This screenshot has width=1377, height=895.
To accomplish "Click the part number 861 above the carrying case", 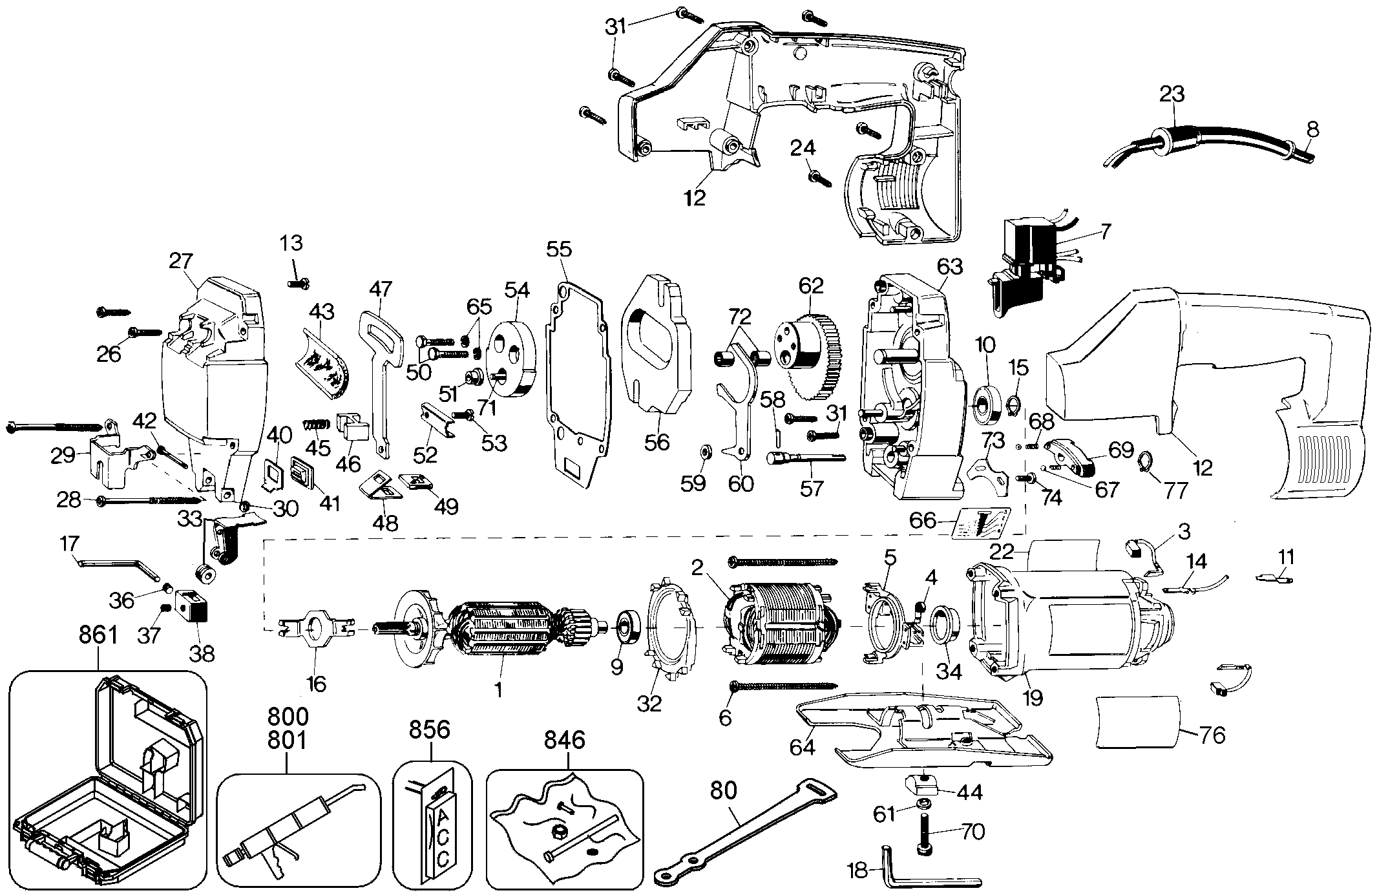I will (98, 635).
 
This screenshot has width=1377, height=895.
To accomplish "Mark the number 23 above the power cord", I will (1172, 95).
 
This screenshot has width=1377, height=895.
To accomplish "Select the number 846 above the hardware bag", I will (564, 739).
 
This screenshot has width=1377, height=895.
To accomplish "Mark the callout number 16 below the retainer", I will (316, 683).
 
